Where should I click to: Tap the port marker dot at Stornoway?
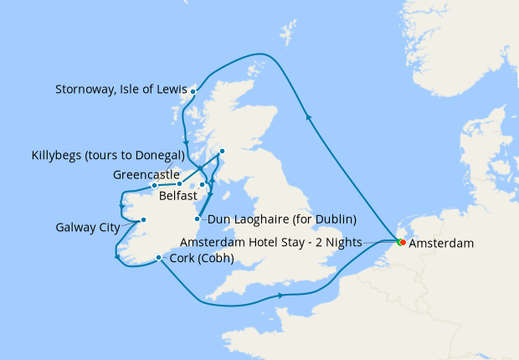193,91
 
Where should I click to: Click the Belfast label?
177,194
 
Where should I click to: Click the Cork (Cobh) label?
201,258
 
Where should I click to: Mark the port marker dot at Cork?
158,258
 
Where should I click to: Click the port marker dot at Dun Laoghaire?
198,219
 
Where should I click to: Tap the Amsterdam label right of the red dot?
442,243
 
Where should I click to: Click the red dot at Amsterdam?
403,243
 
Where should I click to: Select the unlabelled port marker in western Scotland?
222,151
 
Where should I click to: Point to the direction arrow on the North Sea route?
311,118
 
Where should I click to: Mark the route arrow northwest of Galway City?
122,207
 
